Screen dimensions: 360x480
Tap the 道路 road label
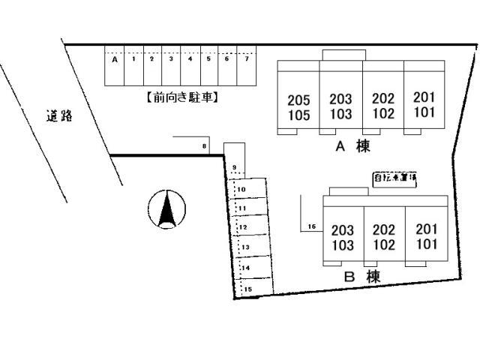pyautogui.click(x=58, y=116)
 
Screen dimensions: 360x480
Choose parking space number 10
pyautogui.click(x=250, y=189)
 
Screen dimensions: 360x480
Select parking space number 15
pyautogui.click(x=254, y=287)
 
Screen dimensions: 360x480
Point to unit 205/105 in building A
pyautogui.click(x=298, y=107)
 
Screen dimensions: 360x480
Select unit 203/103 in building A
pyautogui.click(x=340, y=107)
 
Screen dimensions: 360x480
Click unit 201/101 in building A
pyautogui.click(x=424, y=105)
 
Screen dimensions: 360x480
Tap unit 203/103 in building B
pyautogui.click(x=343, y=238)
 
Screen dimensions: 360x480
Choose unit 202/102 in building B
pyautogui.click(x=384, y=238)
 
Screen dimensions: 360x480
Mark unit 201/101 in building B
pyautogui.click(x=426, y=237)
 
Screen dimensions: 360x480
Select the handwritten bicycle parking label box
pyautogui.click(x=395, y=179)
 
